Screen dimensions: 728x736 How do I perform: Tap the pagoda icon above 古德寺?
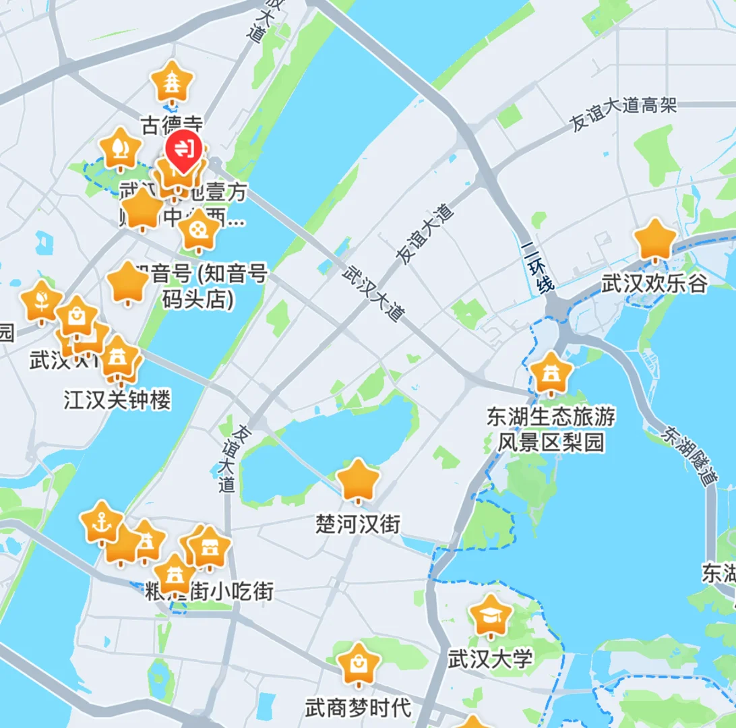173,82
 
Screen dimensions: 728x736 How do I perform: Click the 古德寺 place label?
172,124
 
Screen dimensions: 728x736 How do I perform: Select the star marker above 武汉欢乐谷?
655,239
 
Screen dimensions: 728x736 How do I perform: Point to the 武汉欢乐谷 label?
654,282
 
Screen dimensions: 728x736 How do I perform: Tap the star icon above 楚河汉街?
358,480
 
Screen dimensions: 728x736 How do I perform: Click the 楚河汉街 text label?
358,523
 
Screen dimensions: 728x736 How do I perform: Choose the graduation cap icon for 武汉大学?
491,615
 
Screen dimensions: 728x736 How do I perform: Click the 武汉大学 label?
491,657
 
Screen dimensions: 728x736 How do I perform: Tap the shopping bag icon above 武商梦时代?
358,664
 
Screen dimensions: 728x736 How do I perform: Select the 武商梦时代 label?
358,708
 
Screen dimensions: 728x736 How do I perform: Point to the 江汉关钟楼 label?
117,400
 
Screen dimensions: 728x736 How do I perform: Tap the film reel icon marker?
200,229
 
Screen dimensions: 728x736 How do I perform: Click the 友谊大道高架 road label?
622,115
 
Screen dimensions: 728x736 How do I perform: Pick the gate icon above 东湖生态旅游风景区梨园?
551,373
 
